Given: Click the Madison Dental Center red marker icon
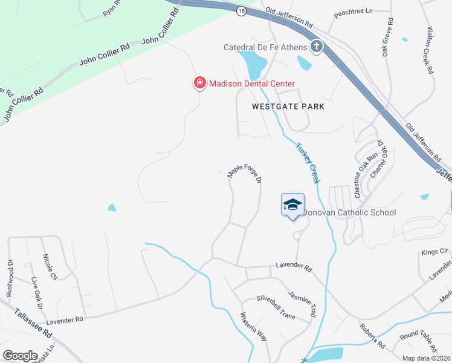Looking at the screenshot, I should tap(199, 83).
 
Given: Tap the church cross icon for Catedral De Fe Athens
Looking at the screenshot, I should tap(316, 47).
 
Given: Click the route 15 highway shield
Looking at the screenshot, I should tap(242, 12).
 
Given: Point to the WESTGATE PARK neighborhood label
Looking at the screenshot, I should tap(288, 106).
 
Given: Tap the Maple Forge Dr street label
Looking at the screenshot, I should tap(245, 172).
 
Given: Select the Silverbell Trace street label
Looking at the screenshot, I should tap(276, 299).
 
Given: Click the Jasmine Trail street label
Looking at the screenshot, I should tap(302, 304).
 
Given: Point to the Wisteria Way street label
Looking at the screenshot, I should tap(254, 327).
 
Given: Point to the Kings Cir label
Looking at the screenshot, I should tap(435, 250).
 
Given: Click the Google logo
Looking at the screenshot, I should tap(20, 355).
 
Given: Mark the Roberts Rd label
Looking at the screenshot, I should tap(373, 336).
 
